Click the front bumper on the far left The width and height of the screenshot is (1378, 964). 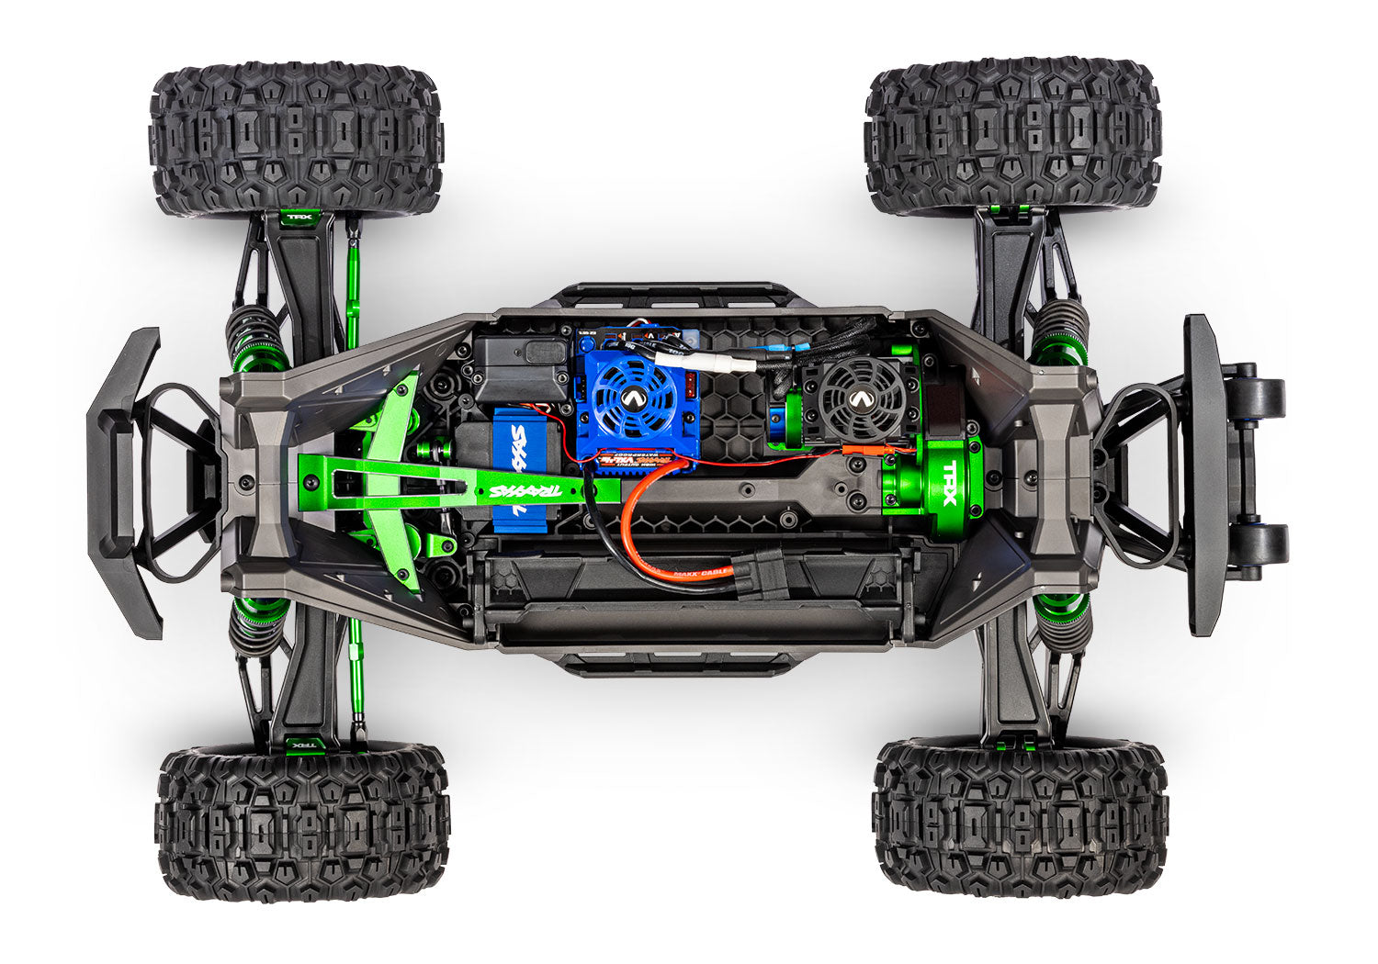(124, 482)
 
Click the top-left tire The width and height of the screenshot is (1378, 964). (296, 140)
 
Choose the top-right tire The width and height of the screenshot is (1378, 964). (1013, 136)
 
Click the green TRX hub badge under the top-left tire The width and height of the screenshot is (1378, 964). (298, 219)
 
